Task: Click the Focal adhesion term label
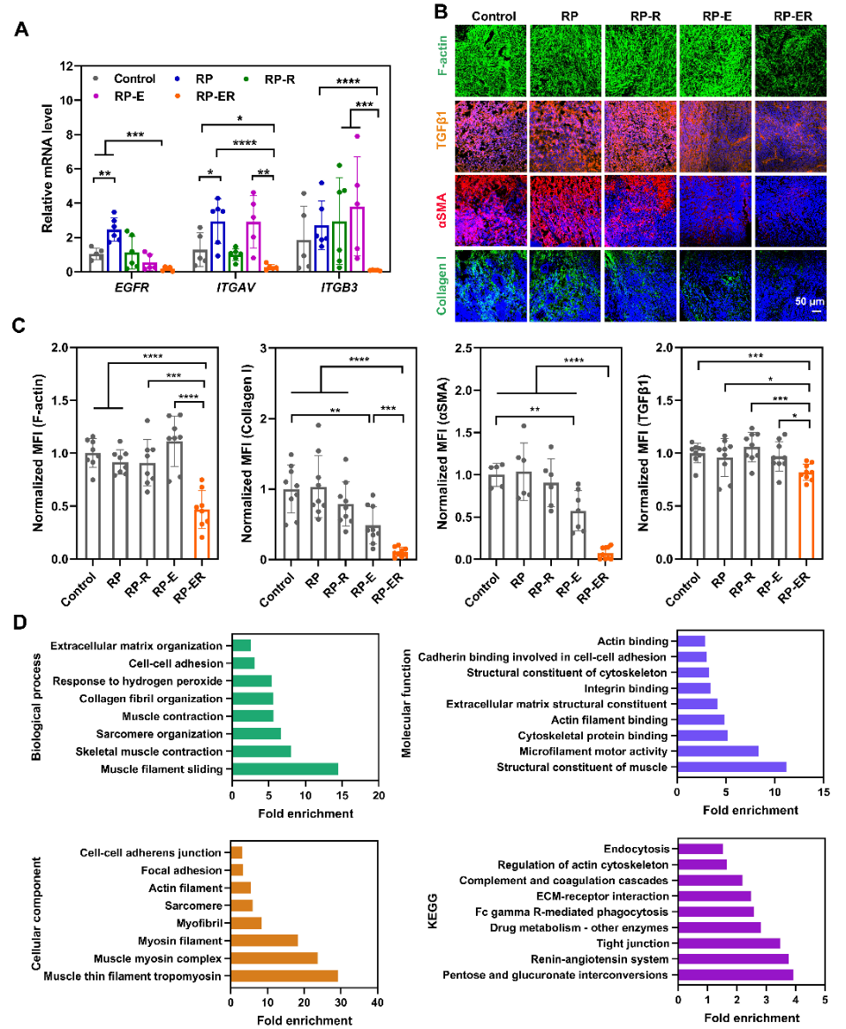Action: pos(187,870)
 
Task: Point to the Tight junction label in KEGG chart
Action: pos(632,943)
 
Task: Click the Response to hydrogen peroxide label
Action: pos(138,681)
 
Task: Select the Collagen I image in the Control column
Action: pos(489,284)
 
